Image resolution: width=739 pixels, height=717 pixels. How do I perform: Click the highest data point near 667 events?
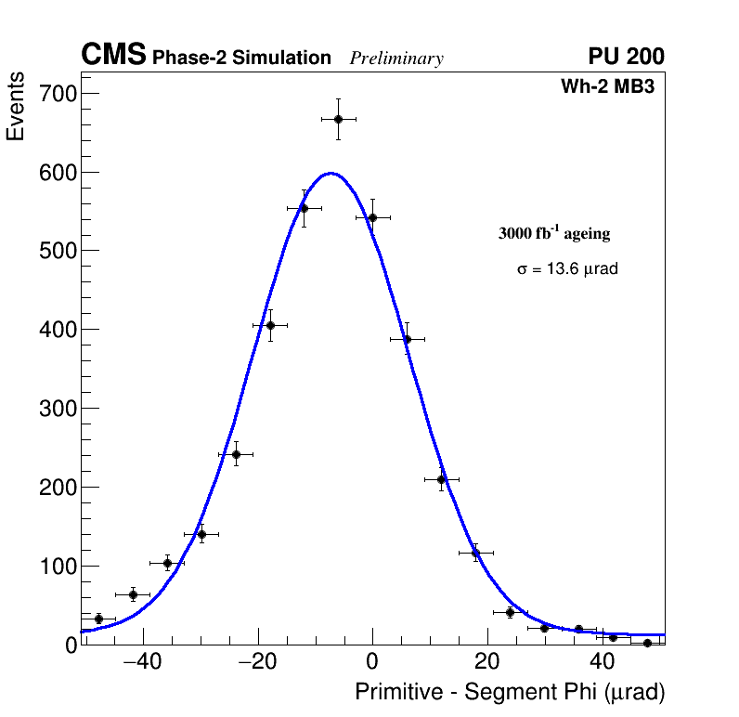(x=339, y=119)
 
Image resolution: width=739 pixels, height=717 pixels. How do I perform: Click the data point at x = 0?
(x=372, y=217)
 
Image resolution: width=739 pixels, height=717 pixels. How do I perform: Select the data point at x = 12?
(x=442, y=479)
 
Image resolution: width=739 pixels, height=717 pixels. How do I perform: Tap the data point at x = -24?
(x=236, y=454)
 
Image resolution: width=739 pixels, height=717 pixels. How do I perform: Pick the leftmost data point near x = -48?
(x=98, y=619)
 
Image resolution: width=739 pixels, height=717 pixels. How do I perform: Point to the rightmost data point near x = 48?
(x=647, y=643)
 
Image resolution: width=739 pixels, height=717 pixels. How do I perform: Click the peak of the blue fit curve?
(x=331, y=173)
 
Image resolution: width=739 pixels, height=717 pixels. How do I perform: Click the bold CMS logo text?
(x=113, y=56)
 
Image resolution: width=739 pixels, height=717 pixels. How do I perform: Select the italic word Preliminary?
(x=396, y=59)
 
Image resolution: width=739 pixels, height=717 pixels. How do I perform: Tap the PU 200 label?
(x=626, y=57)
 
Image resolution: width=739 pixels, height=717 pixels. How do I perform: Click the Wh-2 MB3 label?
(x=613, y=87)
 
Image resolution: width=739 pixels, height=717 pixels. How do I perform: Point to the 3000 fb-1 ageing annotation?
(x=554, y=233)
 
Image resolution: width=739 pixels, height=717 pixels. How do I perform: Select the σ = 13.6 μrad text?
(x=567, y=269)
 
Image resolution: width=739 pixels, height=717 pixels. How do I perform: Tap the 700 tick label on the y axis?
(x=58, y=94)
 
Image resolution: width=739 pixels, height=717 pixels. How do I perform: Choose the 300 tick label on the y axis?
(x=58, y=409)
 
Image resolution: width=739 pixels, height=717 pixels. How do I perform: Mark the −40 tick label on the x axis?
(x=142, y=662)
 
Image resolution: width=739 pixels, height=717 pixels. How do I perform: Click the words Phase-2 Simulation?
(x=241, y=59)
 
